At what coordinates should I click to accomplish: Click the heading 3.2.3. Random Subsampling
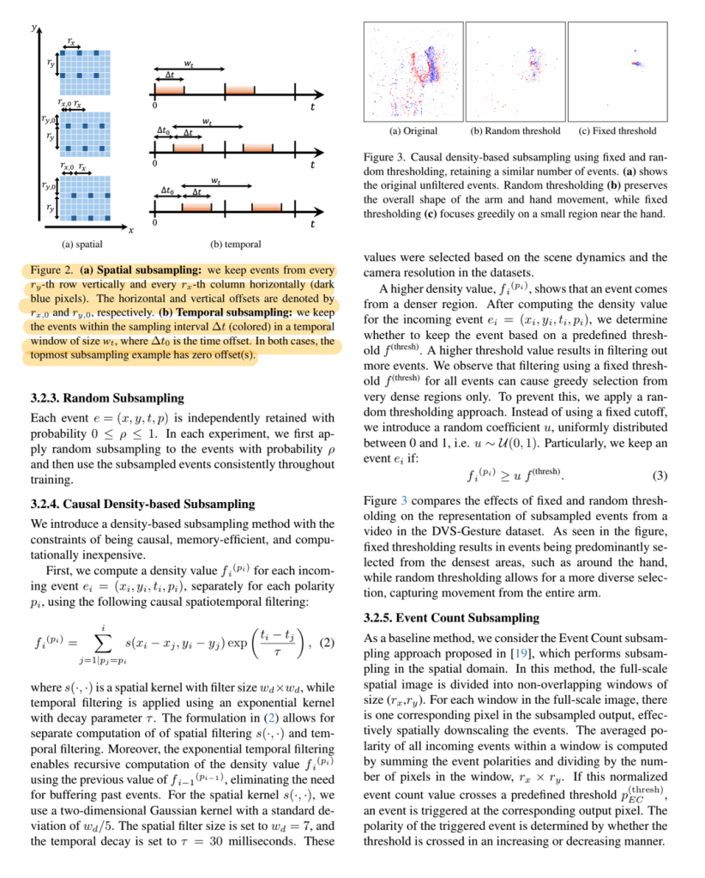tap(106, 397)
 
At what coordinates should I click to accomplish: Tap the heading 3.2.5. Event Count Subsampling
tap(451, 617)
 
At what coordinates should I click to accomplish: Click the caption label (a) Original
tap(413, 131)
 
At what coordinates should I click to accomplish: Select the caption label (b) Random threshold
tap(515, 131)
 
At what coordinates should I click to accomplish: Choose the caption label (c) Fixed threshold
tap(618, 131)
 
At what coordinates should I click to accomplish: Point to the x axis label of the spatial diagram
tap(130, 231)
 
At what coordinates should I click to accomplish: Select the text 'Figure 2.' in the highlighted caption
tap(52, 269)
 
